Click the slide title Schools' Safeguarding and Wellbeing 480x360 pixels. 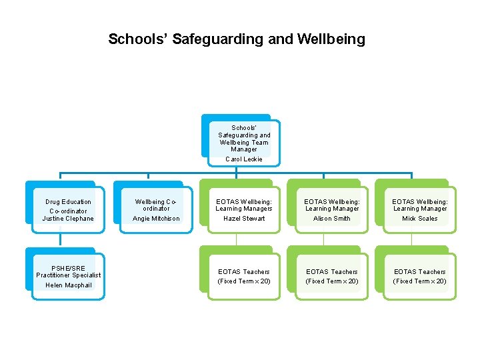(237, 39)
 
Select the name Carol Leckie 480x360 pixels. (244, 159)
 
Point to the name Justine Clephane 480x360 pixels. (68, 219)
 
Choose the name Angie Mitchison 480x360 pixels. (156, 219)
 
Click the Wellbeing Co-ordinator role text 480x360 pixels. (156, 205)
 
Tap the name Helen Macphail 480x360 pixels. (68, 285)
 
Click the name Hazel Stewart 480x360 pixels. (244, 219)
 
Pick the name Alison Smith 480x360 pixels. (332, 219)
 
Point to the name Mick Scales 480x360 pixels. (420, 219)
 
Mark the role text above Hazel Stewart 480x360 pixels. (244, 205)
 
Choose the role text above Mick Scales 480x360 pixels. (420, 205)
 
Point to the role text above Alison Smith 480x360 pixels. (332, 205)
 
